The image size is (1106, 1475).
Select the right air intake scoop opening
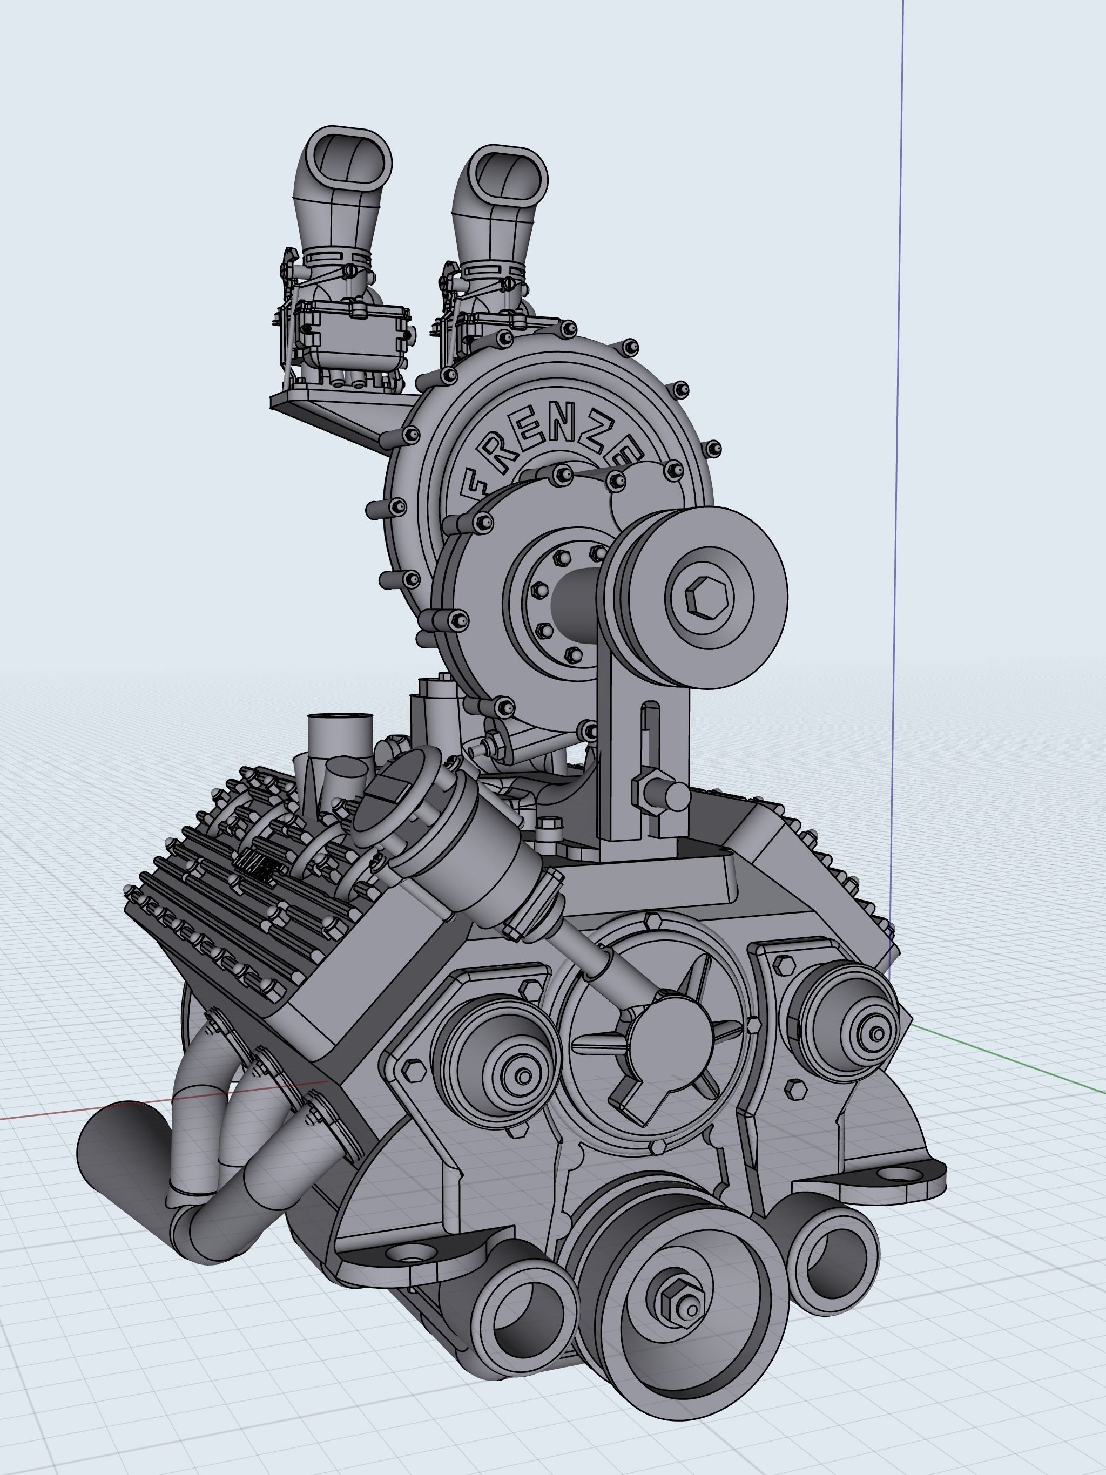pyautogui.click(x=508, y=176)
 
